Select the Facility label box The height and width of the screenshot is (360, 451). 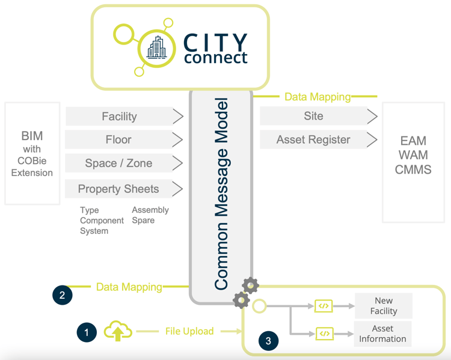[118, 117]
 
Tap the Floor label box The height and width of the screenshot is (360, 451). [118, 139]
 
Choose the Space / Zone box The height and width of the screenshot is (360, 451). [118, 163]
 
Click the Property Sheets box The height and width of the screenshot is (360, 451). [118, 189]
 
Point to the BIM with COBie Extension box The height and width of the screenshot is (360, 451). [32, 154]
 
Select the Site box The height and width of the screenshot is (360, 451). [313, 116]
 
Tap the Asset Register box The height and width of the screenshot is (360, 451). [313, 140]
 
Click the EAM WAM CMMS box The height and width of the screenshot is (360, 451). [413, 155]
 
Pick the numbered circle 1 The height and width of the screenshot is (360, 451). [87, 332]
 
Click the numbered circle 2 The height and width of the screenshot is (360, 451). [62, 294]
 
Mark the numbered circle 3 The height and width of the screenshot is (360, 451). [268, 341]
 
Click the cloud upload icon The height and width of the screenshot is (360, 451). [118, 331]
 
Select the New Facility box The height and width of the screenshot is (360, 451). [383, 306]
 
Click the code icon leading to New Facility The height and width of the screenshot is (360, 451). [324, 306]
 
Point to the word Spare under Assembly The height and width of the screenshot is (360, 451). [143, 221]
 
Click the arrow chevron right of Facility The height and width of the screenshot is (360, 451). [178, 117]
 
